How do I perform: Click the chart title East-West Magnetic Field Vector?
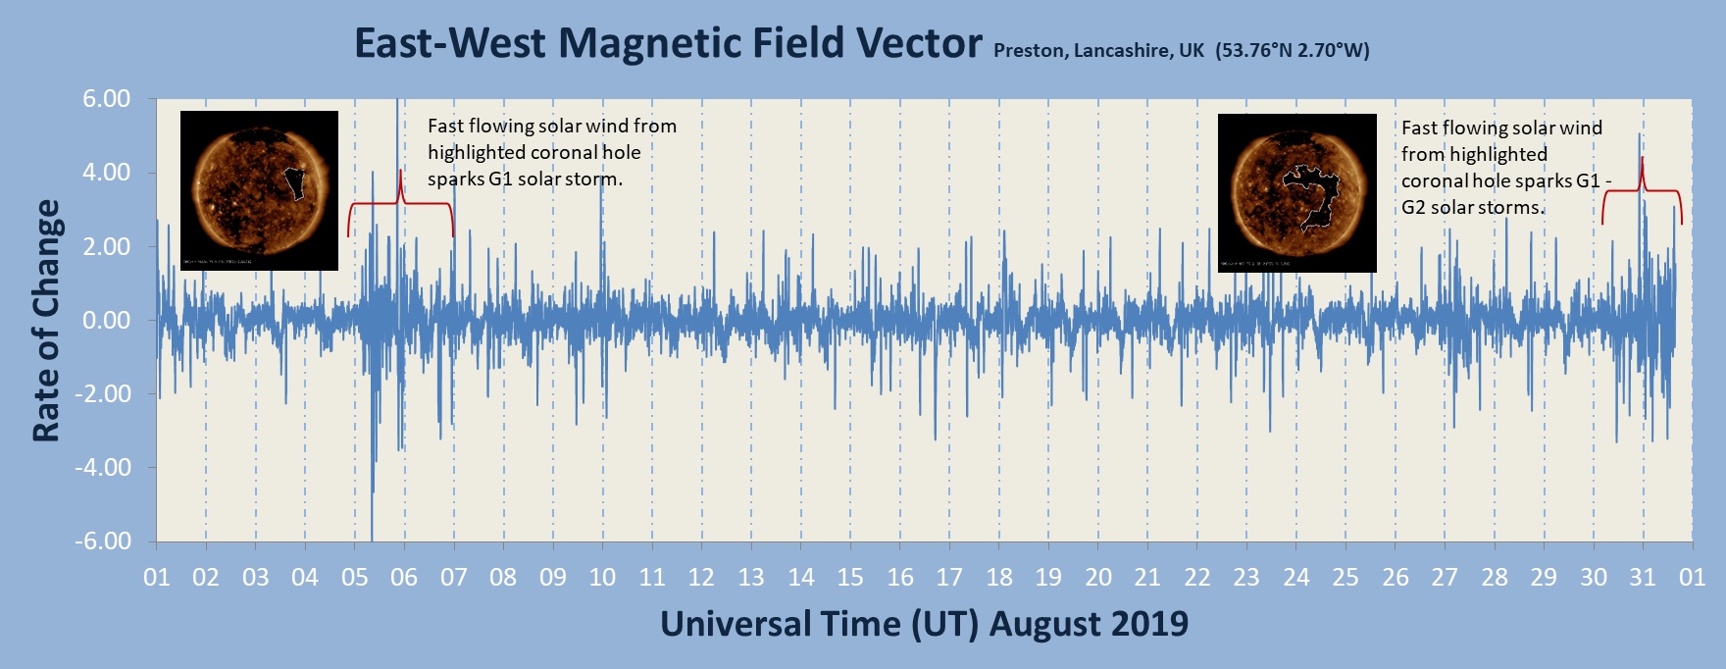click(x=667, y=43)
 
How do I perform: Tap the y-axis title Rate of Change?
click(x=46, y=321)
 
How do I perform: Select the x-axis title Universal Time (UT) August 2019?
click(x=924, y=624)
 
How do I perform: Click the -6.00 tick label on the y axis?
click(x=104, y=541)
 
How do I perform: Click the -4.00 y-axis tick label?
click(x=104, y=468)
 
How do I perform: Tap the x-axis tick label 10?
click(x=602, y=578)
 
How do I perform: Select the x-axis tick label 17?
click(x=949, y=578)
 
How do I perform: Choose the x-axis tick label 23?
click(x=1246, y=578)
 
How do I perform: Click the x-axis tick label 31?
click(x=1643, y=578)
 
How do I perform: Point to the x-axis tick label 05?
click(x=354, y=578)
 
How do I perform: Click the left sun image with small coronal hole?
click(x=259, y=190)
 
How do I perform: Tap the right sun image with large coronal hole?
click(x=1296, y=193)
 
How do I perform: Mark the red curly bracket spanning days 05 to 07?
click(x=400, y=204)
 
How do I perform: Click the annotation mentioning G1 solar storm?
click(x=551, y=152)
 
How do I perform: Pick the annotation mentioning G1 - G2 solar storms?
click(x=1504, y=168)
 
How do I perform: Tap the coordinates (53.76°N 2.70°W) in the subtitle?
click(x=1292, y=50)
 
